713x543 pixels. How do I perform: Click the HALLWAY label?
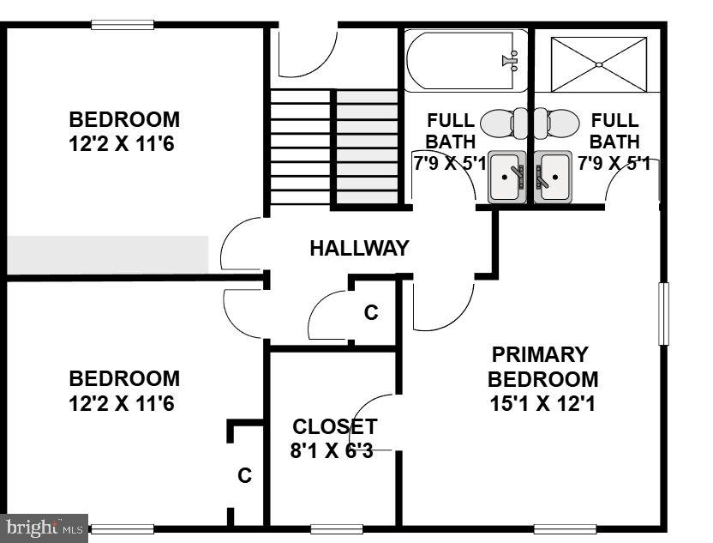(359, 249)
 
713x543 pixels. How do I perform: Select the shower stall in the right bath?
(598, 64)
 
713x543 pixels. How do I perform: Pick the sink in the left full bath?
(506, 178)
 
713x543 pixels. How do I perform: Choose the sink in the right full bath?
(553, 178)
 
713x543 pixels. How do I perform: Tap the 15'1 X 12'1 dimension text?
(542, 403)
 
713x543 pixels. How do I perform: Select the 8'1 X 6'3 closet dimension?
(331, 450)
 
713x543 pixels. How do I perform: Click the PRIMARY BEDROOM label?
(542, 367)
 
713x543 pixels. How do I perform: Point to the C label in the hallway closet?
(370, 313)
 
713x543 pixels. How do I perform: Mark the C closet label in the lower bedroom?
(244, 475)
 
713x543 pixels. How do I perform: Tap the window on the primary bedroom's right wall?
(662, 313)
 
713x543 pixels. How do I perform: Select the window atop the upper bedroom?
(123, 25)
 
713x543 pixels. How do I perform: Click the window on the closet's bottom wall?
(337, 528)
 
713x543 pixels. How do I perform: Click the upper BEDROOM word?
(124, 120)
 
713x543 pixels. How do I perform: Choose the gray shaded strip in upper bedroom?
(108, 255)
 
